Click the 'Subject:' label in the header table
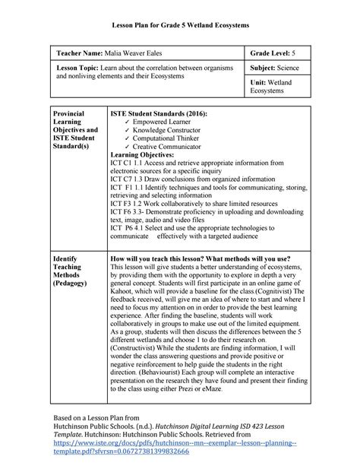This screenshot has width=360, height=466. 264,68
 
